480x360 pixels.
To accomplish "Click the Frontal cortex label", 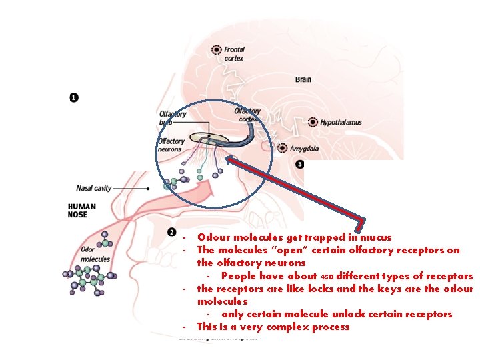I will tap(234, 53).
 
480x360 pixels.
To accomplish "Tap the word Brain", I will tap(303, 80).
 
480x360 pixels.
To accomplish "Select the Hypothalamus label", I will tap(341, 123).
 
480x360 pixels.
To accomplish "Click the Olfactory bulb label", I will tap(173, 118).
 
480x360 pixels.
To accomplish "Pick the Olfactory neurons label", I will tap(171, 145).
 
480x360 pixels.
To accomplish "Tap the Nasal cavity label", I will tap(94, 188).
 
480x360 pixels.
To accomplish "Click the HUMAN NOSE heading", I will tap(82, 210).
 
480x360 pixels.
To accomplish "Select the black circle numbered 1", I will tap(73, 97).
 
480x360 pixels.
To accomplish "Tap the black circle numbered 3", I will tap(300, 164).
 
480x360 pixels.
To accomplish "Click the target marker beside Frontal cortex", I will tap(216, 49).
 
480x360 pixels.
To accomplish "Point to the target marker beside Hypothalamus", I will tap(313, 122).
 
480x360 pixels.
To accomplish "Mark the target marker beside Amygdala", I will tap(283, 148).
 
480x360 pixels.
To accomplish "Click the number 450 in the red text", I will tap(327, 277).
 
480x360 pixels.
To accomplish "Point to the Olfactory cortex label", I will tap(247, 115).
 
